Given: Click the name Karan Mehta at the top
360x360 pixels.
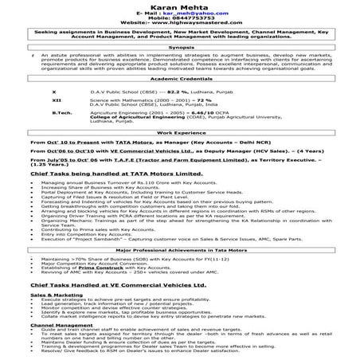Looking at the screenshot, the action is (x=180, y=6).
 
